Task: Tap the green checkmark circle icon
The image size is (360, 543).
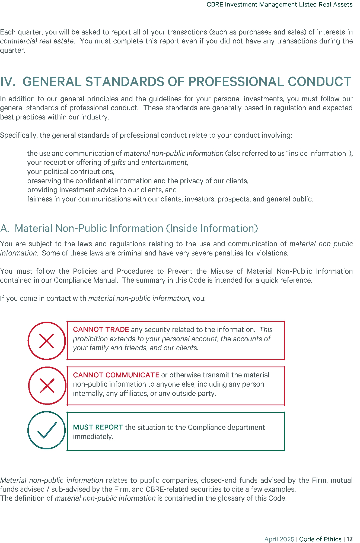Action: [x=47, y=430]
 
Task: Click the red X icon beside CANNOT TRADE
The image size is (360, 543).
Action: [x=47, y=341]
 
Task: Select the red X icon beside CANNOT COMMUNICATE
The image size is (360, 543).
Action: [x=47, y=386]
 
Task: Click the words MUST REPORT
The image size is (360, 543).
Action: [x=98, y=427]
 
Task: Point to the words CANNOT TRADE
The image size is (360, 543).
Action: [x=101, y=330]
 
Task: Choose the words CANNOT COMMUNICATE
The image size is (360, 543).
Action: [x=116, y=375]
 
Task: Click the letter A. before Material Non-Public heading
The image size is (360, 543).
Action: [x=4, y=229]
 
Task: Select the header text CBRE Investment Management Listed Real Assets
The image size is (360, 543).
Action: [x=279, y=5]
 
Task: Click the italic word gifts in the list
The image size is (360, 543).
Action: [x=119, y=163]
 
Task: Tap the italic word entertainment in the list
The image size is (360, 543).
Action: [x=164, y=163]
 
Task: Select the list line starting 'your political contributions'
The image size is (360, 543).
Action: [x=71, y=172]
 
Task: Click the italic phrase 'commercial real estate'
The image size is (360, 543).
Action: [x=37, y=41]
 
